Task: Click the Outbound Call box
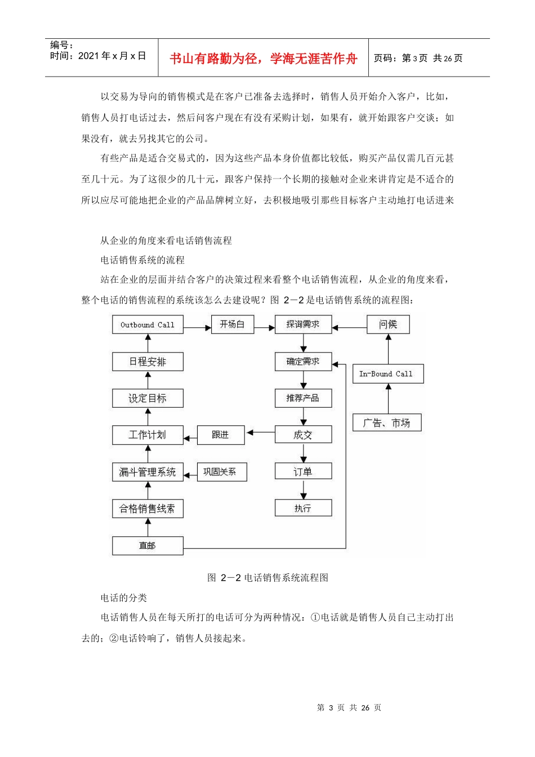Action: point(148,325)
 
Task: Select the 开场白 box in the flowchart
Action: point(232,324)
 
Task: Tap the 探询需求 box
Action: point(303,324)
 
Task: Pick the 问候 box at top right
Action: point(387,324)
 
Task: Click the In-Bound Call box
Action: point(387,373)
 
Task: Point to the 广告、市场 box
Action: point(387,422)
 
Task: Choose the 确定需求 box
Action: point(303,362)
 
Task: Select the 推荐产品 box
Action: point(303,398)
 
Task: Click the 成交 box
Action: point(303,434)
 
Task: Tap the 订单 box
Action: point(303,471)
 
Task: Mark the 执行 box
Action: point(303,508)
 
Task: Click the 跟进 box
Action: point(221,435)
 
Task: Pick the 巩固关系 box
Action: point(221,472)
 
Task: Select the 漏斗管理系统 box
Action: point(148,472)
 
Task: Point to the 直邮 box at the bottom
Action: point(148,545)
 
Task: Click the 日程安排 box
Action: point(148,362)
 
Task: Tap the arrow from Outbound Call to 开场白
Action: point(197,327)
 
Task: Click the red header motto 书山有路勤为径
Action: point(264,59)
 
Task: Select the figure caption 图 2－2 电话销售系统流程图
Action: point(267,577)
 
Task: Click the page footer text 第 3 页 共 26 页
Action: point(349,707)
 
